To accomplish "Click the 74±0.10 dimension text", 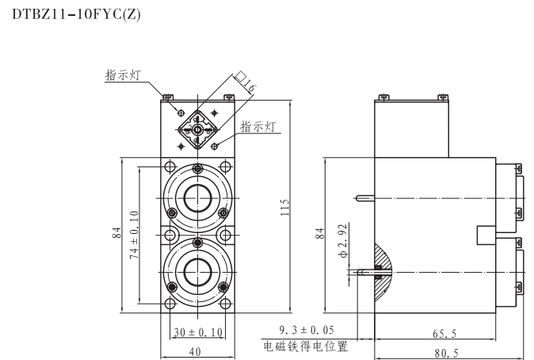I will (x=135, y=236).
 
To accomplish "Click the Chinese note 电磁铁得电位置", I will (x=305, y=347).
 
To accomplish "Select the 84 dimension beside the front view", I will (x=116, y=233).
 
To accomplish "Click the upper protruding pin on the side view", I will (x=365, y=196).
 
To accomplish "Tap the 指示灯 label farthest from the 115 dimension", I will (x=123, y=75).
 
